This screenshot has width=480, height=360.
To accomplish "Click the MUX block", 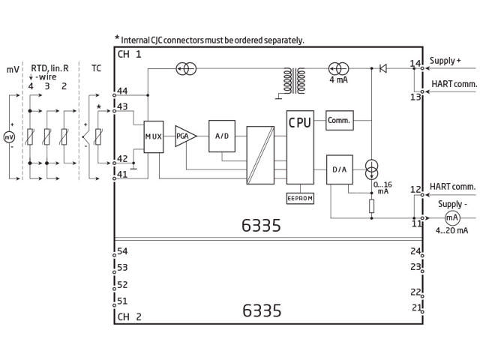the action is pos(154,136).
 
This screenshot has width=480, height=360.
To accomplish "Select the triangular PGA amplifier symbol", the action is pos(185,136).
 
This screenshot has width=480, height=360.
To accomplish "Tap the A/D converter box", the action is pos(222,136).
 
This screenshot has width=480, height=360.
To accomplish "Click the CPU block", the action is pos(300,147).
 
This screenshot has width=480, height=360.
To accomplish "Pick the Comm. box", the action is pos(340,120).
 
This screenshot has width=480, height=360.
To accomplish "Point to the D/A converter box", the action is pos(340,169).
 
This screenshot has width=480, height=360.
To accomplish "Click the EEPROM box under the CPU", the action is pos(300,198).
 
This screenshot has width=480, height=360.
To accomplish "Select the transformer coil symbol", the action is pos(295,81).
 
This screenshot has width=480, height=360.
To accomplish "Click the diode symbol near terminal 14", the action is pos(383,68).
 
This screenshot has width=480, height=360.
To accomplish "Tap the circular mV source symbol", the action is pos(9,136).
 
